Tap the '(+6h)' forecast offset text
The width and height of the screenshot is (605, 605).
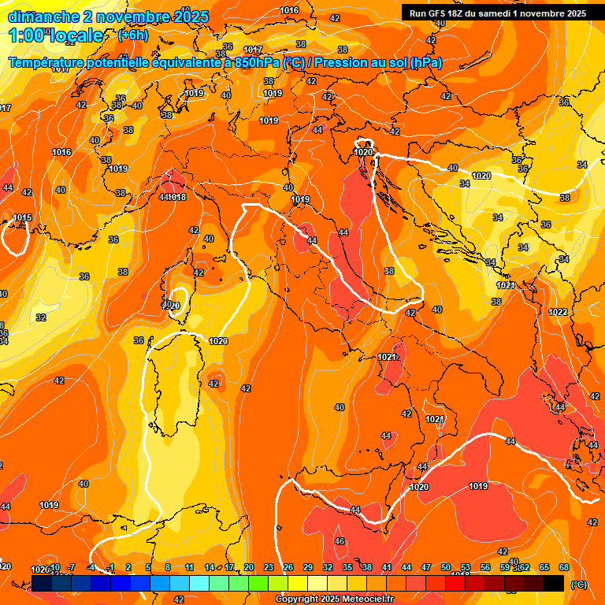pos(132,35)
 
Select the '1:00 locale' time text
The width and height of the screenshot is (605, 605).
pos(55,35)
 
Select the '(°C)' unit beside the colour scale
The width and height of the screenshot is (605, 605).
pos(578,584)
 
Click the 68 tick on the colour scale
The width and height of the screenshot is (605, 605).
pos(564,567)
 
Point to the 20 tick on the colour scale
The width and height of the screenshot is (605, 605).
pos(249,567)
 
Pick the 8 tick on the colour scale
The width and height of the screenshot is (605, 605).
pos(168,567)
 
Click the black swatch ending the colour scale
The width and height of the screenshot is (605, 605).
pos(554,583)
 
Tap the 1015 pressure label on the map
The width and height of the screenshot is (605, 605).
pos(22,218)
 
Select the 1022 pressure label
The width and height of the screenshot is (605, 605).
pos(558,312)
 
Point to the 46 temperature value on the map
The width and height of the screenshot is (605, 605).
pos(340,541)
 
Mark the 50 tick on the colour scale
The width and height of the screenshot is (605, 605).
pos(446,567)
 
